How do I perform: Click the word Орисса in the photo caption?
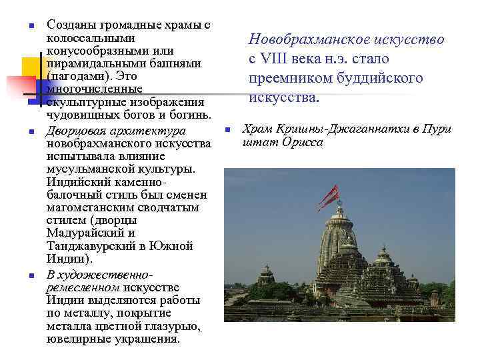point(302,141)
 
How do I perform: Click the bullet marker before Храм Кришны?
point(227,129)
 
